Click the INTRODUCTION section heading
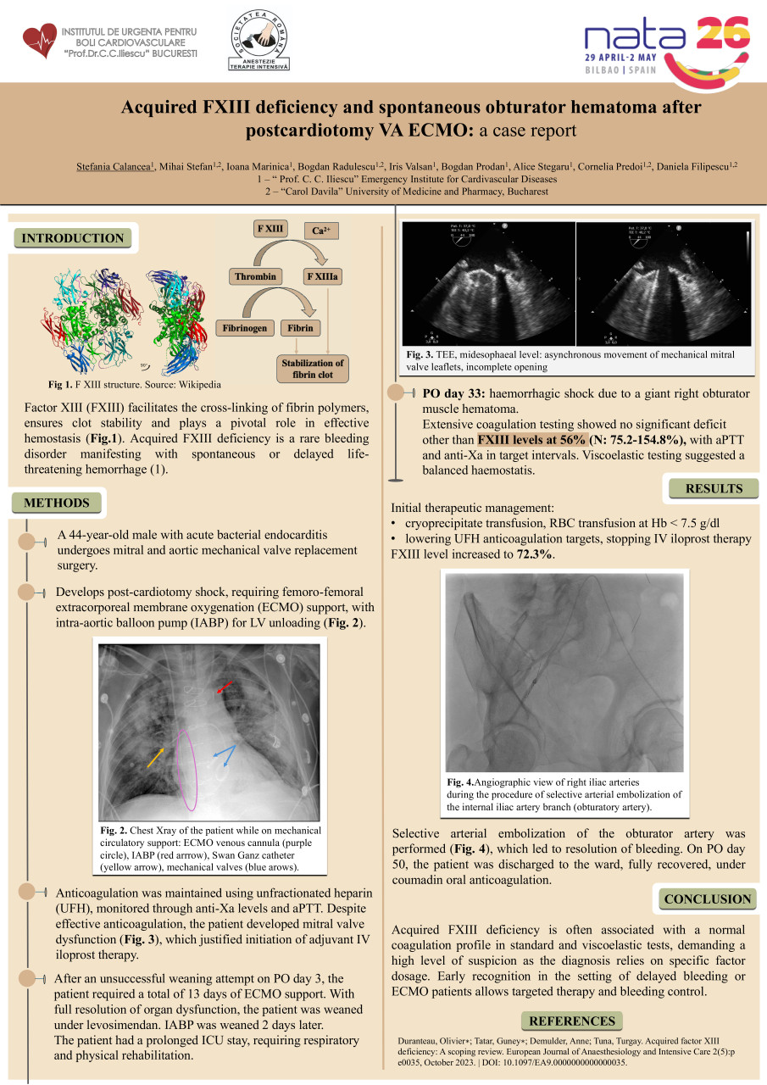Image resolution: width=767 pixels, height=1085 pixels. point(73,238)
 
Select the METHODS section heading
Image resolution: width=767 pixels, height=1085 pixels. point(57,503)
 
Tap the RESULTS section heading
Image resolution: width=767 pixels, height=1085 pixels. point(714,488)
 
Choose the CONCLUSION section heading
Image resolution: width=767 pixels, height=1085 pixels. point(707,899)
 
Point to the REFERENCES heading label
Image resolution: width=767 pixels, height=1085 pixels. point(571,1021)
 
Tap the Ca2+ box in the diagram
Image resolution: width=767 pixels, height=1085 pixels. point(321,231)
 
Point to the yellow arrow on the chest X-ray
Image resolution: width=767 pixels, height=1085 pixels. point(155,758)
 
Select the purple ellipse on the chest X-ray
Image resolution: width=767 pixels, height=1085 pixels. point(188,771)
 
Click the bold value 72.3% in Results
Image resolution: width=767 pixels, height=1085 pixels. point(535,554)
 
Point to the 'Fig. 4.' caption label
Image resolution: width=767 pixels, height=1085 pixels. point(460,782)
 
